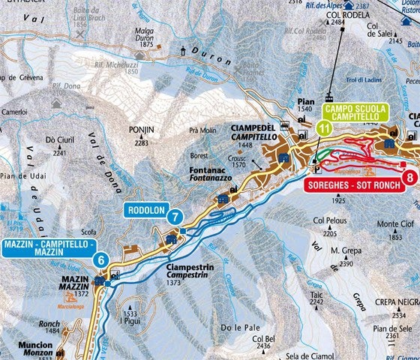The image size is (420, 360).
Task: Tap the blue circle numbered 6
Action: tap(100, 259)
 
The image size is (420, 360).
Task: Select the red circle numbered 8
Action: tap(409, 178)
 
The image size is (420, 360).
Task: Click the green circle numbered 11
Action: tap(322, 127)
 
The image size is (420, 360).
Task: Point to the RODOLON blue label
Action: tap(146, 211)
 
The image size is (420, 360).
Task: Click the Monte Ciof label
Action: tap(394, 223)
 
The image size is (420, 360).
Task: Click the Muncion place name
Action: tap(37, 346)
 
